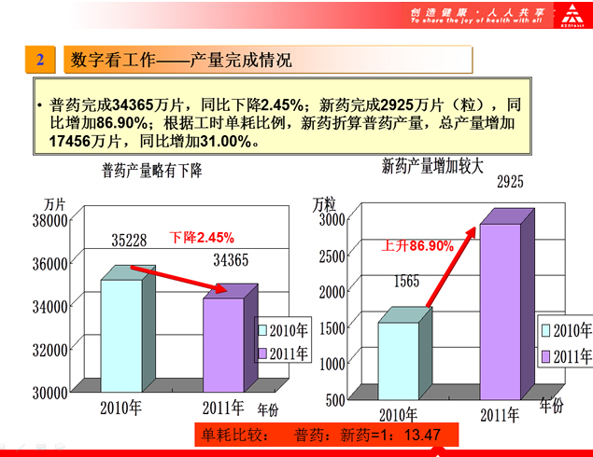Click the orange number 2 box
[40, 60]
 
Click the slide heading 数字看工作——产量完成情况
[182, 61]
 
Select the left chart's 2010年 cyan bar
[121, 336]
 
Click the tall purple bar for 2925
[500, 312]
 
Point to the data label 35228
[129, 241]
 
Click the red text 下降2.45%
[202, 237]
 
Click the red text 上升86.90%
[417, 246]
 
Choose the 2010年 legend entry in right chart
[566, 330]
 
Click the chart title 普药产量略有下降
[152, 171]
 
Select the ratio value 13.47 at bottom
[420, 435]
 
